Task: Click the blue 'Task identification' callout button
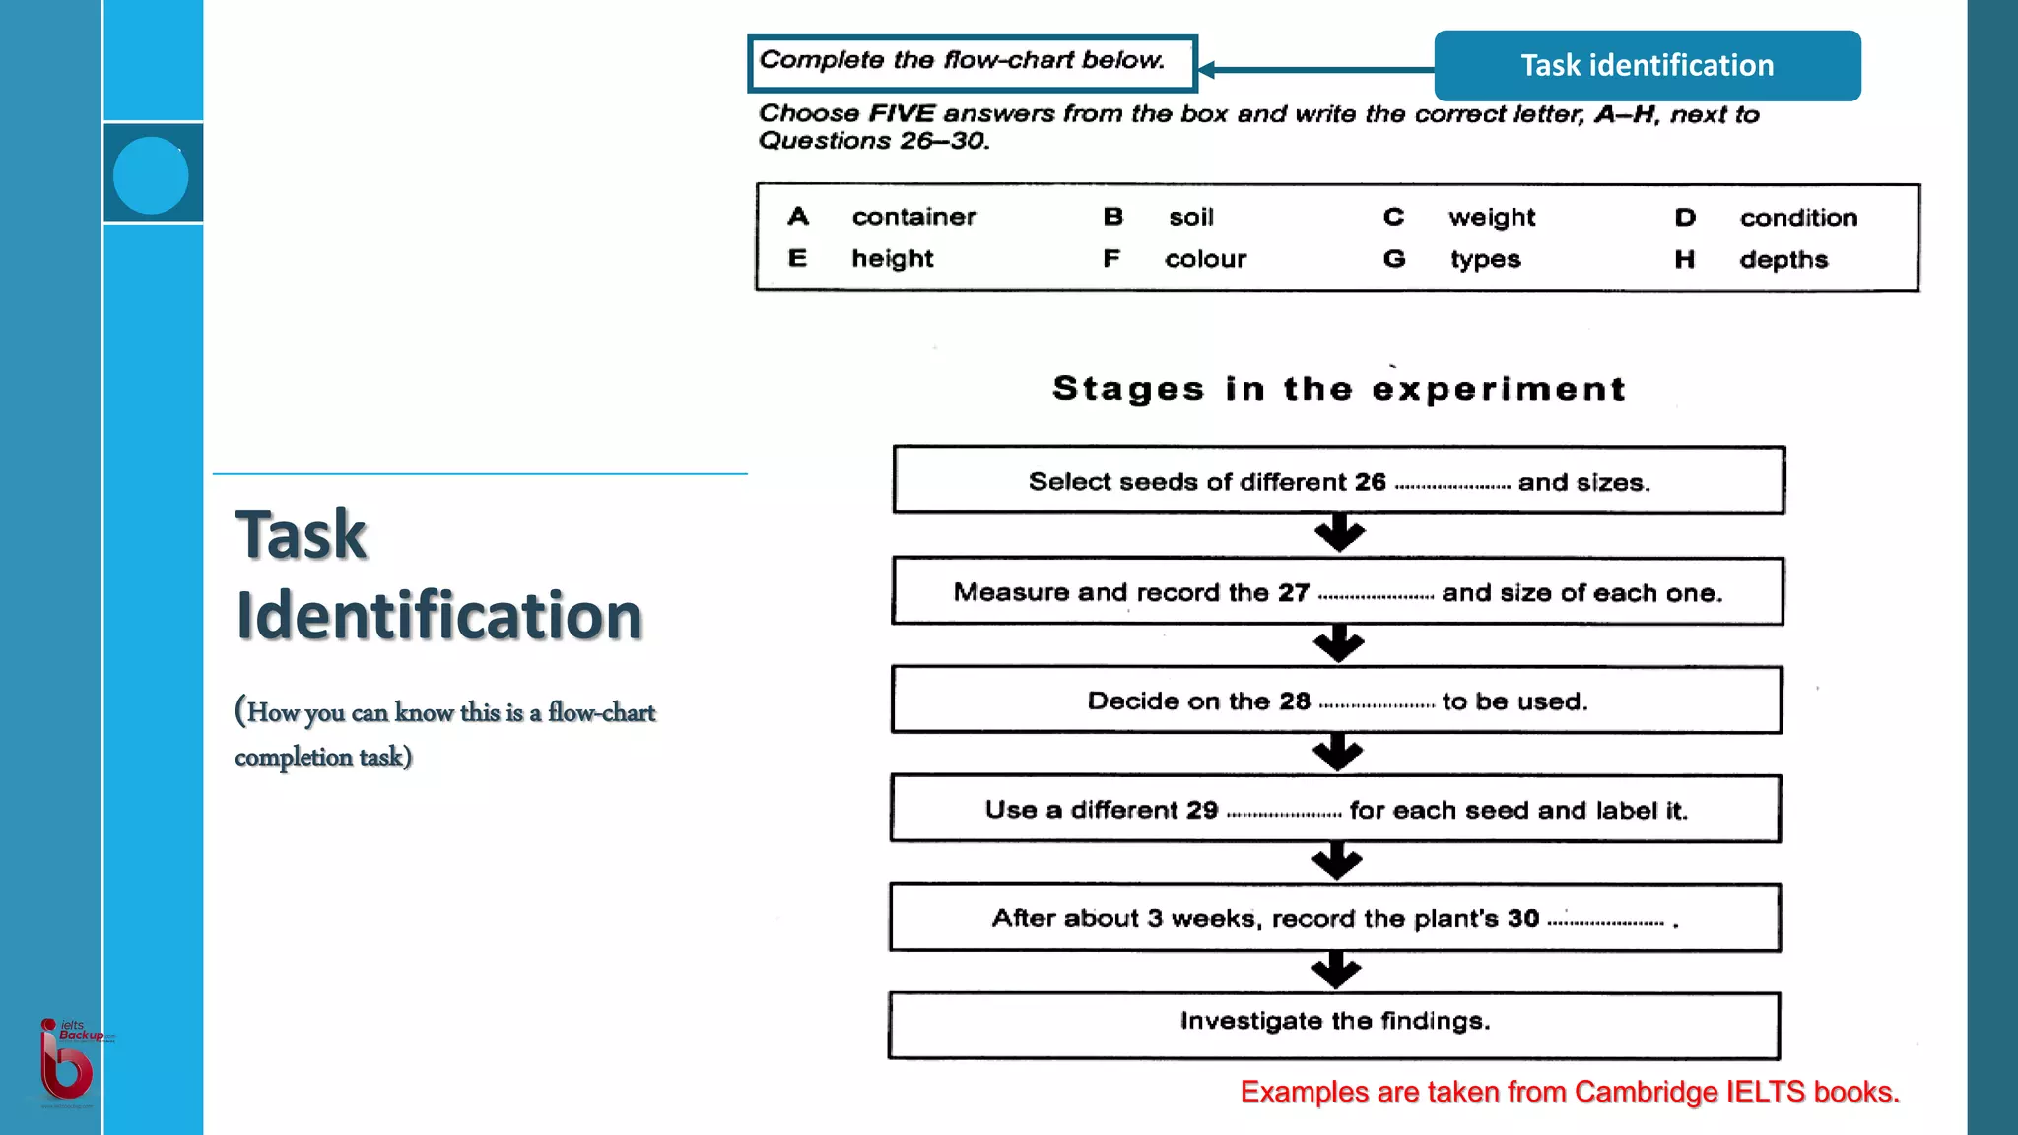pyautogui.click(x=1647, y=65)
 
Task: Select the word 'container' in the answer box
pyautogui.click(x=913, y=217)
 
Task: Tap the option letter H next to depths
pyautogui.click(x=1684, y=260)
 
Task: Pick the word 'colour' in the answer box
pyautogui.click(x=1205, y=259)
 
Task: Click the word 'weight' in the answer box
pyautogui.click(x=1491, y=218)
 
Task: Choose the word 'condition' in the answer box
pyautogui.click(x=1798, y=218)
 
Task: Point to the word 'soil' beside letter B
pyautogui.click(x=1190, y=218)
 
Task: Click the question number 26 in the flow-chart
pyautogui.click(x=1370, y=482)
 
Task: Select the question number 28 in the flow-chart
pyautogui.click(x=1295, y=701)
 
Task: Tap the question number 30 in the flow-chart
pyautogui.click(x=1522, y=918)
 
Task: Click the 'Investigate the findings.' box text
pyautogui.click(x=1334, y=1021)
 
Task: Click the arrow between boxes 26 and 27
pyautogui.click(x=1339, y=533)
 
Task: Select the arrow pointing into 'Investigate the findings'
pyautogui.click(x=1336, y=970)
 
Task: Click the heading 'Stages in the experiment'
pyautogui.click(x=1338, y=389)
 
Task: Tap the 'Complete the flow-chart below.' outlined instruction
pyautogui.click(x=962, y=61)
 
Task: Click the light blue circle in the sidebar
pyautogui.click(x=151, y=175)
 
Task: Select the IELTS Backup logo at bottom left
pyautogui.click(x=67, y=1062)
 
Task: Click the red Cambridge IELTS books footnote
pyautogui.click(x=1569, y=1092)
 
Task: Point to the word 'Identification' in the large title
pyautogui.click(x=438, y=616)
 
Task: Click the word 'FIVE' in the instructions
pyautogui.click(x=901, y=114)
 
